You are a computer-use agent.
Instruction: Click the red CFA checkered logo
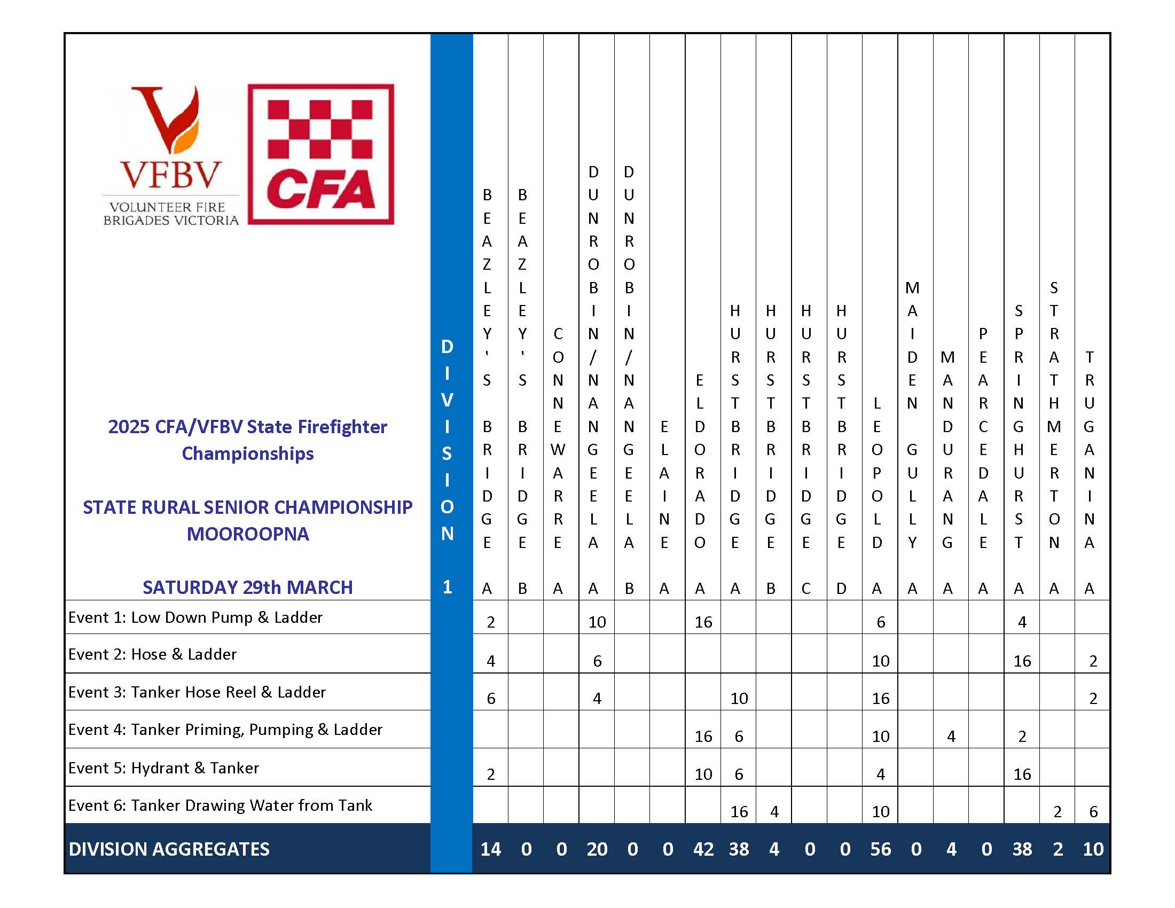pos(320,154)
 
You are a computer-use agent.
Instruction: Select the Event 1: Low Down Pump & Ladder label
pos(195,617)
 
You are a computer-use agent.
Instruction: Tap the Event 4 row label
pos(225,730)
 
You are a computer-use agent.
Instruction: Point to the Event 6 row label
pos(220,805)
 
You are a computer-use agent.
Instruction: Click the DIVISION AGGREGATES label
pos(169,849)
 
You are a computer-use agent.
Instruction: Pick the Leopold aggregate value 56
pos(880,849)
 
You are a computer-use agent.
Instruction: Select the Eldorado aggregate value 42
pos(703,849)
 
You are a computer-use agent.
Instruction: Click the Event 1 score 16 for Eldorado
pos(703,622)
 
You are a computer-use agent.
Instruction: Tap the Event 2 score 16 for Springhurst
pos(1022,661)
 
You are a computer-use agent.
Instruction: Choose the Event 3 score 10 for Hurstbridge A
pos(739,699)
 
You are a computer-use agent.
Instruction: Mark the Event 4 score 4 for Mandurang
pos(951,737)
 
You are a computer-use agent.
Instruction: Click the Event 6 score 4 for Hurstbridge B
pos(774,812)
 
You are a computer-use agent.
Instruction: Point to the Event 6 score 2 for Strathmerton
pos(1057,812)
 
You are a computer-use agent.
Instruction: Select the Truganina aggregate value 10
pos(1093,849)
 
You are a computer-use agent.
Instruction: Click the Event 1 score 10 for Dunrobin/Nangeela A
pos(597,622)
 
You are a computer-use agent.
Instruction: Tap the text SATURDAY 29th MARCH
pos(247,588)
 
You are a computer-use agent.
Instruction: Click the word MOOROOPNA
pos(247,534)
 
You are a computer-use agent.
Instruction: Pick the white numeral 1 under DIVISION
pos(447,586)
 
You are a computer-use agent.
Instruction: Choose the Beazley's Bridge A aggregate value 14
pos(490,849)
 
